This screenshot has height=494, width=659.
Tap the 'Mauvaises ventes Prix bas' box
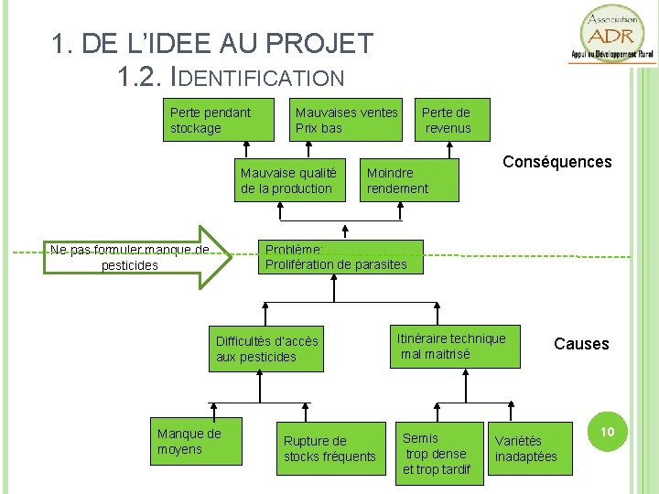point(347,120)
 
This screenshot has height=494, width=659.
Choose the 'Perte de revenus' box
point(448,120)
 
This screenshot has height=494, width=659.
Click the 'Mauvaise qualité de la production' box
point(288,180)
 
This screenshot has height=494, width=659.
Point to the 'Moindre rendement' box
point(408,180)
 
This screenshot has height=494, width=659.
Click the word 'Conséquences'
point(556,162)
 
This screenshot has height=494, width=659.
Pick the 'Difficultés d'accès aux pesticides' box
point(266,349)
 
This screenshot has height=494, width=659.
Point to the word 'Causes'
point(581,344)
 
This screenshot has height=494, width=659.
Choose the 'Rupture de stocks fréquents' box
point(330,448)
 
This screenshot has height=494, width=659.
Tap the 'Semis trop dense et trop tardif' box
point(438,452)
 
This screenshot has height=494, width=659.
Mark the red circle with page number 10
point(606,430)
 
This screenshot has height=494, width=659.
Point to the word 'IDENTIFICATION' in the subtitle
point(265,79)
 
